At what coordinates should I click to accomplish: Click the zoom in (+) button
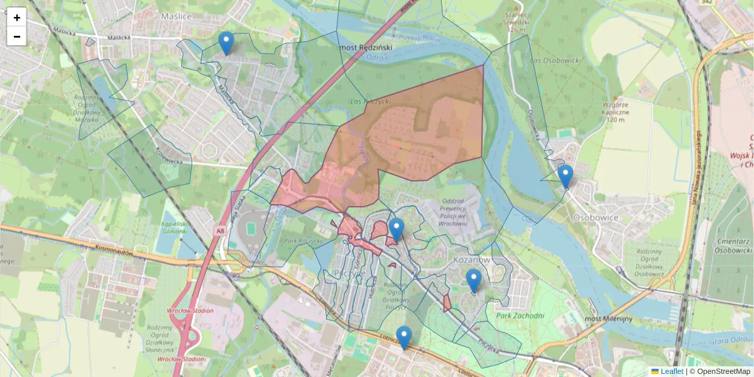pos(17,17)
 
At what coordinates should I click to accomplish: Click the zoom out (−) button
pos(17,36)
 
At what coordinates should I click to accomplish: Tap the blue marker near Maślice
pos(226,43)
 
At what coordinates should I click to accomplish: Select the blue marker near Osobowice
pos(565,177)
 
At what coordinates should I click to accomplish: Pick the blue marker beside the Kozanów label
pos(474,281)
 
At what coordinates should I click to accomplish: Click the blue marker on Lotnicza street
pos(404,337)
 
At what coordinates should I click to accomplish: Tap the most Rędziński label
pos(365,47)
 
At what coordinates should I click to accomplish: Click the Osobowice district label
pos(596,217)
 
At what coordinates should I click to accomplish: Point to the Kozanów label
pos(471,259)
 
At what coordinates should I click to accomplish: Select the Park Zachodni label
pos(519,315)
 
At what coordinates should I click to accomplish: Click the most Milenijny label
pos(608,319)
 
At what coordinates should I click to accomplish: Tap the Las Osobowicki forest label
pos(556,60)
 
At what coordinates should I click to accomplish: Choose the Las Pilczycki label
pos(371,101)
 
